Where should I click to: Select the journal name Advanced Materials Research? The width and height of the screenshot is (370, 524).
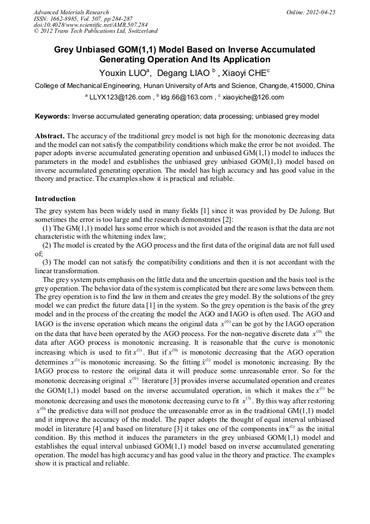pos(71,12)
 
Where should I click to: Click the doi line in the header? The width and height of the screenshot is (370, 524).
pos(91,25)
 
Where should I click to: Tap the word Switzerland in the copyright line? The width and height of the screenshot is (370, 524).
pos(139,32)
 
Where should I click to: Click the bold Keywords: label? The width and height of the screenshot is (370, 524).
pos(52,116)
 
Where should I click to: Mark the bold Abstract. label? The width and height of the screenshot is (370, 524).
pos(50,135)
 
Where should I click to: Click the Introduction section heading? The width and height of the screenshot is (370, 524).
pos(55,198)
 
